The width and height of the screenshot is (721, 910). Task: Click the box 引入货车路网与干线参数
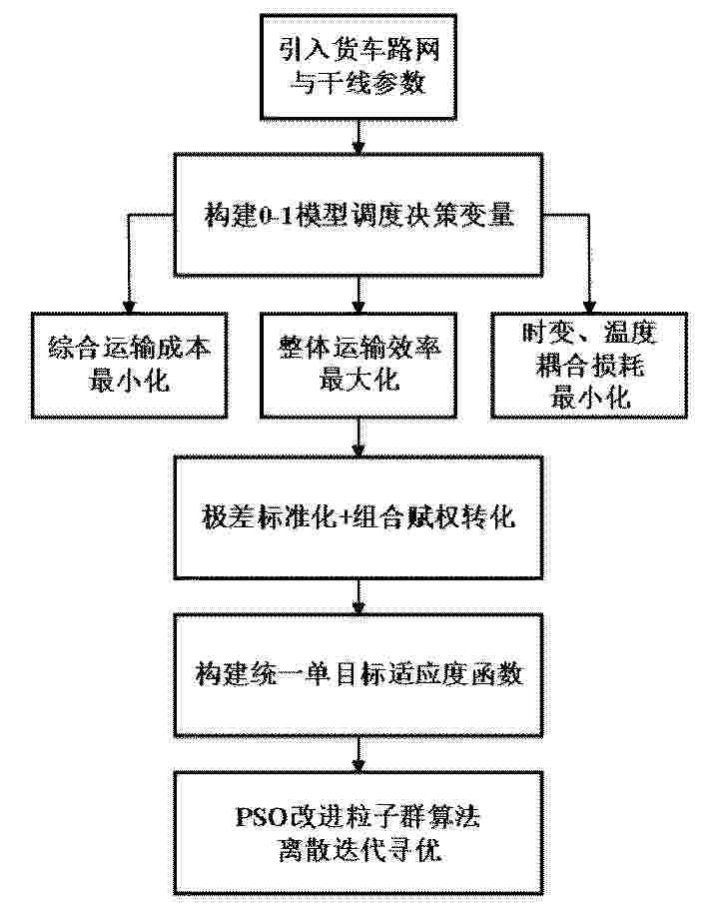click(x=359, y=67)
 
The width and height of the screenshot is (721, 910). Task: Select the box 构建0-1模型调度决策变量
click(x=359, y=215)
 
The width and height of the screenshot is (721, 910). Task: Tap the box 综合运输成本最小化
click(x=129, y=365)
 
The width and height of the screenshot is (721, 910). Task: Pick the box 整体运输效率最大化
click(x=359, y=365)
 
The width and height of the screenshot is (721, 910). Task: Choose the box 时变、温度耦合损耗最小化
click(x=589, y=365)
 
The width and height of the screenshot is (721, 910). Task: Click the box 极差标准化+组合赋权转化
click(x=359, y=517)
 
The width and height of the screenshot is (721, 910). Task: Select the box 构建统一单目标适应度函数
click(x=359, y=674)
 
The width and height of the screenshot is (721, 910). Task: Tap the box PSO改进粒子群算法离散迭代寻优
click(x=359, y=833)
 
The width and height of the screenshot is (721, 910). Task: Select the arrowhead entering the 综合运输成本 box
click(x=129, y=307)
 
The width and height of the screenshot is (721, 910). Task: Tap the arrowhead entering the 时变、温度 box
click(x=589, y=307)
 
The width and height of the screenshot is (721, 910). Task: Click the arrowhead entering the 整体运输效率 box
click(x=359, y=307)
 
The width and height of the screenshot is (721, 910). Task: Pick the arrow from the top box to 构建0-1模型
click(x=359, y=137)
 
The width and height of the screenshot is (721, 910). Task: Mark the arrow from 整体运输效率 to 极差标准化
click(x=359, y=437)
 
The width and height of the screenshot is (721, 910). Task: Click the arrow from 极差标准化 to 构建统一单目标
click(x=359, y=596)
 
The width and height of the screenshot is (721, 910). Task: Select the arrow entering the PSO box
click(x=359, y=754)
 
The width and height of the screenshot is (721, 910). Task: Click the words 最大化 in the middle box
click(x=360, y=381)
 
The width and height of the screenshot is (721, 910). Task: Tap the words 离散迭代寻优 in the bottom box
click(x=360, y=850)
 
